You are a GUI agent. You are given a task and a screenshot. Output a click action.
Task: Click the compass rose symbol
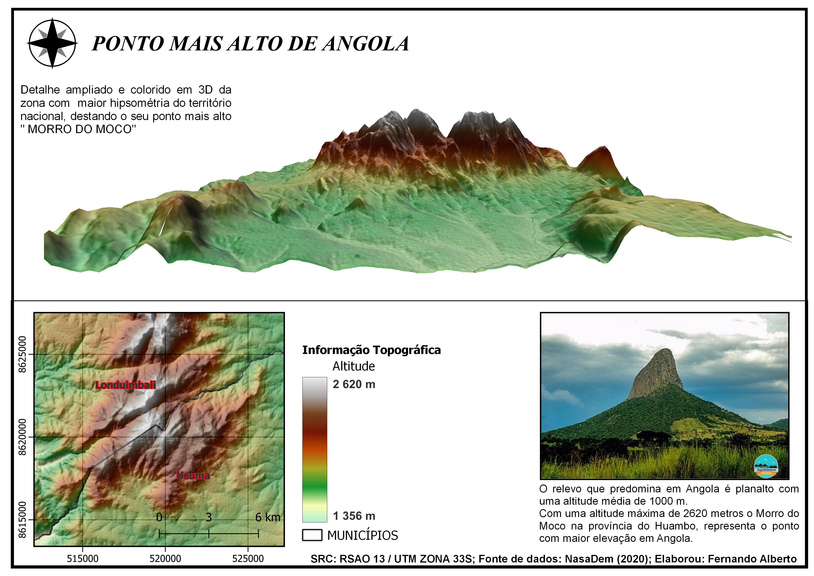52,43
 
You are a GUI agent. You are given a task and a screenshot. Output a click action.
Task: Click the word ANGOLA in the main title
366,44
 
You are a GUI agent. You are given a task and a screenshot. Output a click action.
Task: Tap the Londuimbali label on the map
126,385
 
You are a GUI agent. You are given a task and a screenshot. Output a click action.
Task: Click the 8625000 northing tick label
22,354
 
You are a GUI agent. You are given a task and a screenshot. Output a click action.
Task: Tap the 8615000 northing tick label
22,520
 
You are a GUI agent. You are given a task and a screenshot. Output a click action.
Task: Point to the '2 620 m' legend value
354,384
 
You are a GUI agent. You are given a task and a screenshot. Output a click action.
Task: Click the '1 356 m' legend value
354,516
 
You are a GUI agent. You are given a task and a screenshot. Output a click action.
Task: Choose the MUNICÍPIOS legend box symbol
312,535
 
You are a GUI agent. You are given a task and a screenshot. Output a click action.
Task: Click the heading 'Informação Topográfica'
371,350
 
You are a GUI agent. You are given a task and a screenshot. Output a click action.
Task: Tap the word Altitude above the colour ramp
353,366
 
